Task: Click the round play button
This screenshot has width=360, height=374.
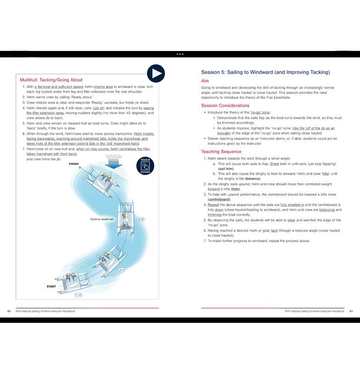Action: [x=156, y=73]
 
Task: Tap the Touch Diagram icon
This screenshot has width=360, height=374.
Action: [x=145, y=166]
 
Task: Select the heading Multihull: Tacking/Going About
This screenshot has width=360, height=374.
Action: [x=51, y=80]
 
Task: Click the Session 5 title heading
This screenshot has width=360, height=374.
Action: [x=265, y=72]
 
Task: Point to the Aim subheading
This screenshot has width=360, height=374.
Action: [x=205, y=81]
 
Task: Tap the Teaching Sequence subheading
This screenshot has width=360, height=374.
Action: [x=221, y=152]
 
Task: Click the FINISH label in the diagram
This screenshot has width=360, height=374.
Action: [x=73, y=164]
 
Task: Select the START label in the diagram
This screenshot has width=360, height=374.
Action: [x=51, y=287]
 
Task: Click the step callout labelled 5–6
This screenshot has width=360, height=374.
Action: [x=141, y=220]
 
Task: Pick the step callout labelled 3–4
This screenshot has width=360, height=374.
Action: [x=122, y=269]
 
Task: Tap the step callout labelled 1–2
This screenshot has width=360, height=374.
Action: [x=79, y=295]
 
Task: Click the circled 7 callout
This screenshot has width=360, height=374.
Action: [x=116, y=176]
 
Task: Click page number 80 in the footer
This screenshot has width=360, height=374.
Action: [x=9, y=311]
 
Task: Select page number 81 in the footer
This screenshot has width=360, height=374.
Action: [x=351, y=311]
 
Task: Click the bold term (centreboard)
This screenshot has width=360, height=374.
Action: [x=219, y=199]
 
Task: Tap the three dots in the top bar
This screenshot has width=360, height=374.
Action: [x=180, y=54]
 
